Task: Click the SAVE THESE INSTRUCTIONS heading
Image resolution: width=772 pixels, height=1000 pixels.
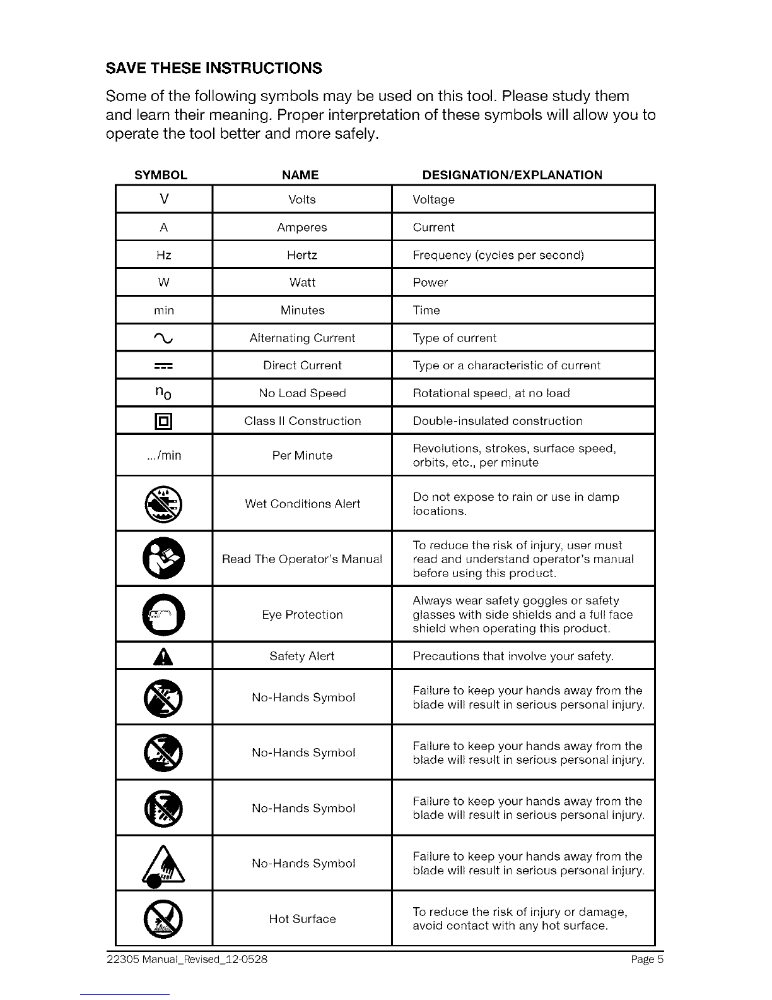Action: [214, 68]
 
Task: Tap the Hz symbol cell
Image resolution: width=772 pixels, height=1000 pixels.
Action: [164, 255]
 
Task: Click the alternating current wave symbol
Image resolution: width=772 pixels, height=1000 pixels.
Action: [164, 338]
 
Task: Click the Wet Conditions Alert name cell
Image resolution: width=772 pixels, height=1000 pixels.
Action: [302, 504]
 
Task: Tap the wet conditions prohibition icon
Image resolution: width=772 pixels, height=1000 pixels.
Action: [164, 504]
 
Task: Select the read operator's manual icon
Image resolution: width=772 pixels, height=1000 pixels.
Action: [164, 559]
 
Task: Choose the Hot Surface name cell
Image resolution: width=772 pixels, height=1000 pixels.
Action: [302, 919]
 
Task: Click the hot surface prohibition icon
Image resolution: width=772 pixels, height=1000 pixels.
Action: [164, 919]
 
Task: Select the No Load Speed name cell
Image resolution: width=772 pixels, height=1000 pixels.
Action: [302, 393]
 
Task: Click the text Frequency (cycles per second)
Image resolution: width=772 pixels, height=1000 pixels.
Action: [498, 255]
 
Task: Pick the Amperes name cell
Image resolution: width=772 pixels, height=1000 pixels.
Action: [302, 227]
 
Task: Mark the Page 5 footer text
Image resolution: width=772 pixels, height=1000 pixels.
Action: [647, 960]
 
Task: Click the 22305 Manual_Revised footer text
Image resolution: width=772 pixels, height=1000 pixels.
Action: [187, 960]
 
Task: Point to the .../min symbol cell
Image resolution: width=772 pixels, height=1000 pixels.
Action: [164, 455]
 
